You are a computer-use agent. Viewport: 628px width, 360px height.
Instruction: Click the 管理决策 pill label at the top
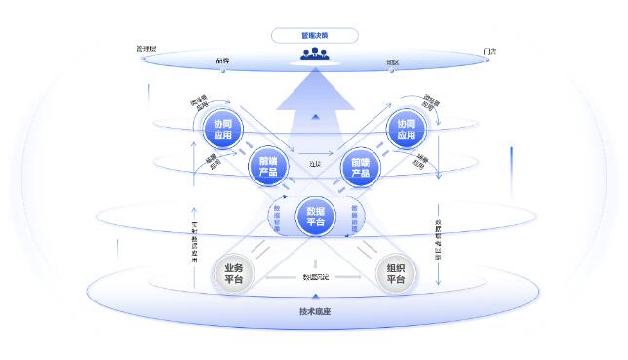click(x=314, y=36)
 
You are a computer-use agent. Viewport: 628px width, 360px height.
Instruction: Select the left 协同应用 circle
click(x=221, y=130)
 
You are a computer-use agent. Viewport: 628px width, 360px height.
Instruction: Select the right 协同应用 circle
click(x=406, y=130)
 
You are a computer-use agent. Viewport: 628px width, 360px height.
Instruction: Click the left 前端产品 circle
click(x=268, y=167)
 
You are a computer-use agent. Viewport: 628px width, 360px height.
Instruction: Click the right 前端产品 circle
click(x=360, y=167)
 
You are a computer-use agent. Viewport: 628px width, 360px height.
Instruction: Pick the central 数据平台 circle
click(x=315, y=216)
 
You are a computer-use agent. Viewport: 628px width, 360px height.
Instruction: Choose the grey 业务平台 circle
click(x=234, y=274)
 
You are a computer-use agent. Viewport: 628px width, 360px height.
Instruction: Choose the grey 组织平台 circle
click(x=396, y=274)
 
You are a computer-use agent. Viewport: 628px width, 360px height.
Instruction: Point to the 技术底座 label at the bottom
click(x=314, y=312)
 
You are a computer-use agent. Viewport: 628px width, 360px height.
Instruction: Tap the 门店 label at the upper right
click(x=490, y=50)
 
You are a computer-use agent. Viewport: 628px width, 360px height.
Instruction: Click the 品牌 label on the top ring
click(x=222, y=60)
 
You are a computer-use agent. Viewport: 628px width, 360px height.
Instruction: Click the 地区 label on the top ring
click(x=392, y=61)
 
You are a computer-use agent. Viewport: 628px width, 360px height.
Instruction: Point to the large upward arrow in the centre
click(x=314, y=98)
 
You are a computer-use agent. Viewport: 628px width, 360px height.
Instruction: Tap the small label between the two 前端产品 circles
click(x=314, y=165)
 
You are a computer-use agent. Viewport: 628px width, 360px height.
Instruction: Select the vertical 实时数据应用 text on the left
click(x=194, y=240)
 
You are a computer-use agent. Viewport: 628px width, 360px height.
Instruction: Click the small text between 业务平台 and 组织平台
click(x=315, y=278)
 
